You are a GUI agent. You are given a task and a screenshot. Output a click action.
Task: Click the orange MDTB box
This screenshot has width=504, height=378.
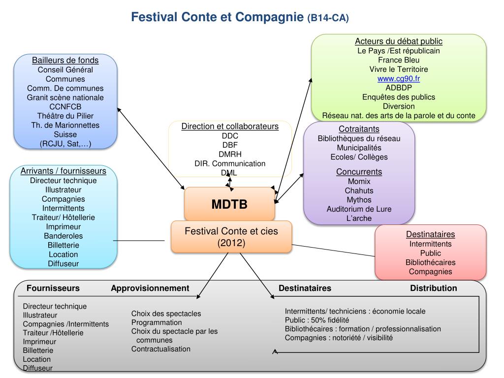(229, 204)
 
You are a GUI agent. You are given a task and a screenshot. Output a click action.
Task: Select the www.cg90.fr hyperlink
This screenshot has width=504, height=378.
(399, 79)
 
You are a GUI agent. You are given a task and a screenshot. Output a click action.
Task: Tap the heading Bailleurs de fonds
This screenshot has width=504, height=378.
(65, 60)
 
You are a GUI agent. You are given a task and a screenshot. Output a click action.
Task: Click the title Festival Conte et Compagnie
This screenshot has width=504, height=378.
(217, 17)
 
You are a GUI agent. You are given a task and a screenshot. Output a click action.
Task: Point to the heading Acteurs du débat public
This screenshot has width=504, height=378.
(399, 41)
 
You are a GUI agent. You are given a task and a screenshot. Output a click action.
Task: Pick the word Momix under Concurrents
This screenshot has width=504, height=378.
(359, 181)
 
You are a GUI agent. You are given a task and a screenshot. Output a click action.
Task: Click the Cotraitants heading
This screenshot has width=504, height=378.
(359, 129)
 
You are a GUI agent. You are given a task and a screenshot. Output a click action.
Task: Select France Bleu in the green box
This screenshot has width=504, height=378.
(399, 60)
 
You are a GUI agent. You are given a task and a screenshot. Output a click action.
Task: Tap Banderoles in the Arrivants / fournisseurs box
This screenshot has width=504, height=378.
(63, 236)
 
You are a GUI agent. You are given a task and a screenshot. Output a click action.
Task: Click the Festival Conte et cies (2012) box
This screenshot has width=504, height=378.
(231, 237)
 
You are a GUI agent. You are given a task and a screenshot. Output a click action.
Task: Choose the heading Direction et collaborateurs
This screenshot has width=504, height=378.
(230, 126)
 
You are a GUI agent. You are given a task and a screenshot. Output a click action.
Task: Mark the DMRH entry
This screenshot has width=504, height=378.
(230, 154)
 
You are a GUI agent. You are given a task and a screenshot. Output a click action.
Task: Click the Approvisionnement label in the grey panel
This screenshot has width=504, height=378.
(150, 288)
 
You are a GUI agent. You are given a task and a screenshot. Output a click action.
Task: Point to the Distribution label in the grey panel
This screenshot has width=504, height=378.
(434, 288)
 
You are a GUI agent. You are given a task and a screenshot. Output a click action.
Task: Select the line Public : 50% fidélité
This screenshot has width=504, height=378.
(316, 320)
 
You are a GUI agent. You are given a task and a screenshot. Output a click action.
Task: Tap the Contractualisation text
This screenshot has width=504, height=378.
(160, 349)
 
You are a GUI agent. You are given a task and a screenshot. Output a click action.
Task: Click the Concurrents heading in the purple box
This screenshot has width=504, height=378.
(359, 172)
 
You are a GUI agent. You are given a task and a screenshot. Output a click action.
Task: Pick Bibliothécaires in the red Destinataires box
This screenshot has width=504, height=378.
(430, 262)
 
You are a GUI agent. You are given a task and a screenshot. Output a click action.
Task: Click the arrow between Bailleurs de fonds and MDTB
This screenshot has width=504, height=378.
(151, 147)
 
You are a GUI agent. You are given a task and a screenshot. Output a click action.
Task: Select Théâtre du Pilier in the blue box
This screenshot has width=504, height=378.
(65, 116)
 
